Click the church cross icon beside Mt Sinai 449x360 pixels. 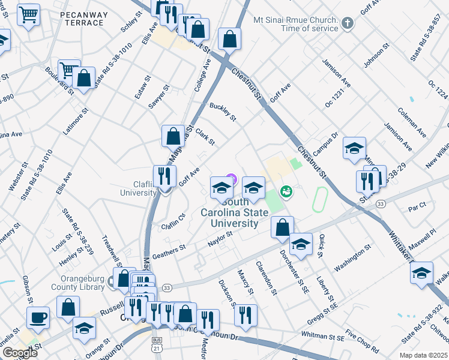[x=347, y=24]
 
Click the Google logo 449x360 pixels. [x=20, y=352]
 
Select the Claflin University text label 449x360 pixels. [x=138, y=188]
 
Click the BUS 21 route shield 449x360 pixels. [x=157, y=347]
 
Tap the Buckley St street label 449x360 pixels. [x=223, y=111]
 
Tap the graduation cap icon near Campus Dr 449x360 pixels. [x=354, y=148]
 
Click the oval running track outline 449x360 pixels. [x=319, y=199]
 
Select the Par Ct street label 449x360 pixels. [x=417, y=209]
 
